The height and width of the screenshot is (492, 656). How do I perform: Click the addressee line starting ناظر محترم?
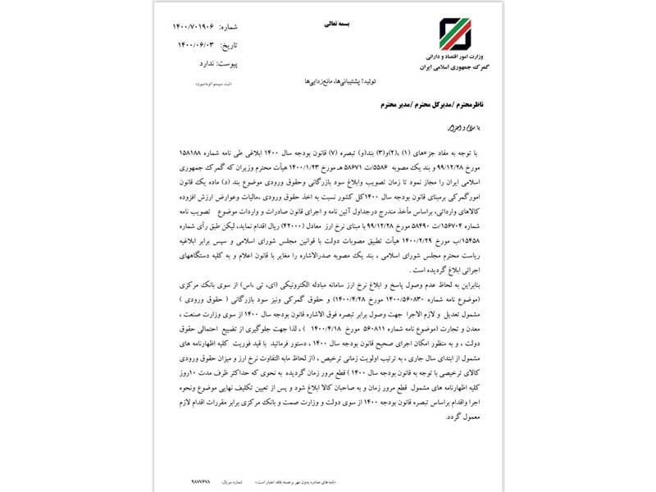[x=398, y=106]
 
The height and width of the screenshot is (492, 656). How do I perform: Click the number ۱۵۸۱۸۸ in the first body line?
[x=194, y=153]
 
